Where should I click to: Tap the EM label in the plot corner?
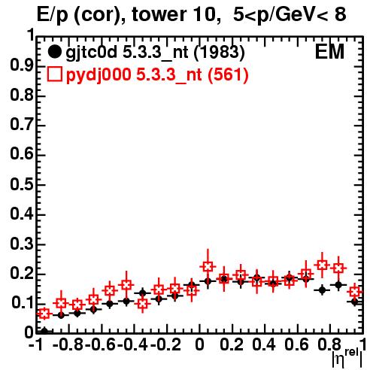click(329, 52)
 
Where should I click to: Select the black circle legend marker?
click(54, 52)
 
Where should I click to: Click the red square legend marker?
click(54, 74)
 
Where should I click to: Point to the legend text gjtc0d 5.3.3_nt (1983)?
click(155, 53)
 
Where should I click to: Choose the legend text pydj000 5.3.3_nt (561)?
click(157, 75)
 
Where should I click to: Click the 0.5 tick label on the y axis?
click(22, 184)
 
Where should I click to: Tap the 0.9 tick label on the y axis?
click(22, 66)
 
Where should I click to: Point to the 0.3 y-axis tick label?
click(22, 244)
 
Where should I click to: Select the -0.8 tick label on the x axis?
click(68, 344)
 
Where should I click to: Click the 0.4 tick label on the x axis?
click(264, 344)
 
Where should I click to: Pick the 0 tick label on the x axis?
click(199, 344)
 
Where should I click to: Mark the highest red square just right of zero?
click(208, 266)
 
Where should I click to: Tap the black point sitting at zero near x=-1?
click(44, 331)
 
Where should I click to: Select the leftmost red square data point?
click(44, 314)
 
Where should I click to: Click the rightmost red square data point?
click(355, 292)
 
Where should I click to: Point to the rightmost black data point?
click(355, 302)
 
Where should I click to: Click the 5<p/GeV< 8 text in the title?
click(290, 15)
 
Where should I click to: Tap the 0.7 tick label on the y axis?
click(22, 125)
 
